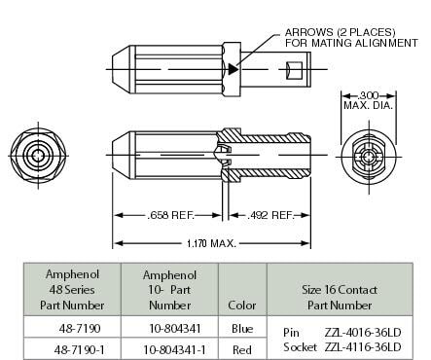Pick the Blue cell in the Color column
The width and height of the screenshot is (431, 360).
click(x=242, y=328)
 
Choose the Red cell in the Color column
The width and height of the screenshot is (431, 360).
click(x=242, y=346)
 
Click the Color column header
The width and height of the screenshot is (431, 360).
click(x=242, y=305)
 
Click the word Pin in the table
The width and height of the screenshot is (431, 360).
click(x=291, y=332)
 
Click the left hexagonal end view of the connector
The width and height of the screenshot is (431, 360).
click(x=37, y=156)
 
